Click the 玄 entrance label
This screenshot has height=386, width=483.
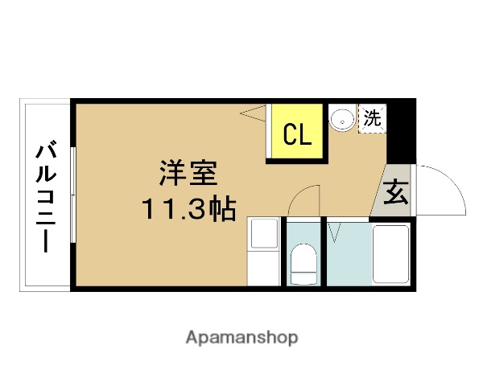[395, 194]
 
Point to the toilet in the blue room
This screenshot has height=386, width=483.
[303, 261]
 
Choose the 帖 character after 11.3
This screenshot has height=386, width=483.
[221, 209]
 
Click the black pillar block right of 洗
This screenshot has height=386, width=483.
[400, 129]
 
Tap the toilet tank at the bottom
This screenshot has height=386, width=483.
[303, 277]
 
